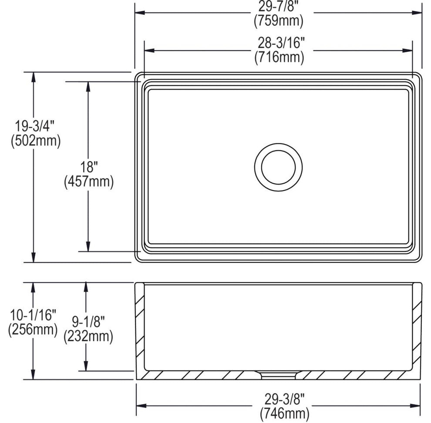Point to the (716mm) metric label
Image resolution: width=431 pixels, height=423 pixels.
[279, 57]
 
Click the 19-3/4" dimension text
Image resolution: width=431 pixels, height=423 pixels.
[34, 128]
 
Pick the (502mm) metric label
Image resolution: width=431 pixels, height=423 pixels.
[34, 141]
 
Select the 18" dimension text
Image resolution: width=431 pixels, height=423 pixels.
[88, 167]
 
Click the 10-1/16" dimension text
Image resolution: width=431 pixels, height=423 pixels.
[33, 314]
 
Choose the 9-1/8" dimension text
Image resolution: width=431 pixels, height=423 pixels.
[88, 322]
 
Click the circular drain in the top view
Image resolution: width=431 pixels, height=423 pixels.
[279, 167]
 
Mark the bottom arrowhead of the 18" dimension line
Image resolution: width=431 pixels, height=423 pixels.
[88, 247]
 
